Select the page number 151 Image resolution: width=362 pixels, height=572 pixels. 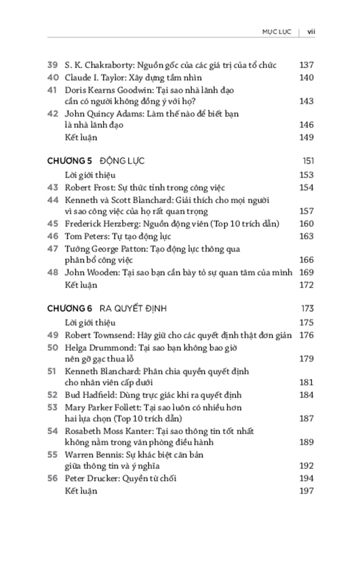tap(307, 161)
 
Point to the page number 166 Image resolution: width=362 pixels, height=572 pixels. tap(306, 260)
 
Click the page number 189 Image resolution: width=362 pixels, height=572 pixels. tap(306, 442)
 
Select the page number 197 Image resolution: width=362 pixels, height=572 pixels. tap(306, 490)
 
